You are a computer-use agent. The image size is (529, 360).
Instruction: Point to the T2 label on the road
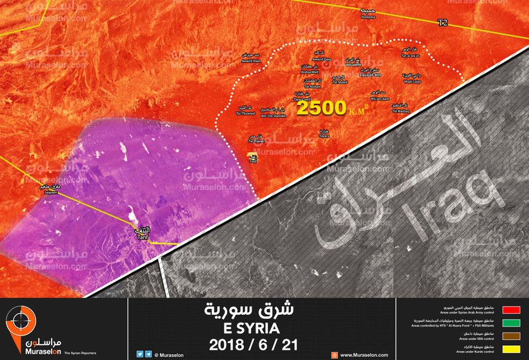442,23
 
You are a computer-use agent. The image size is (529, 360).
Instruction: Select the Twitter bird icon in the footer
140,354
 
